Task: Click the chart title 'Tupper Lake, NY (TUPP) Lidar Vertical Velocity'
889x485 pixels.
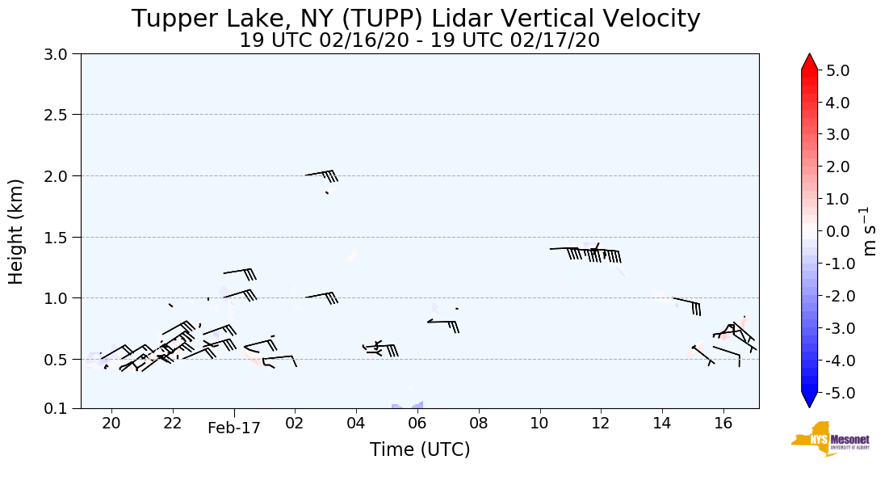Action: click(416, 19)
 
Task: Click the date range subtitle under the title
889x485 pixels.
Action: click(419, 40)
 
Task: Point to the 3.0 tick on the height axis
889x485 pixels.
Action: click(61, 54)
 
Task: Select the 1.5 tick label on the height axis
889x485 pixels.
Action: click(61, 237)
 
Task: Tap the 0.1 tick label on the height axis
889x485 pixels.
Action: click(61, 408)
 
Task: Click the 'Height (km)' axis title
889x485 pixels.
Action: click(16, 231)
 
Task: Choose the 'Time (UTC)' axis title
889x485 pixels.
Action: click(419, 449)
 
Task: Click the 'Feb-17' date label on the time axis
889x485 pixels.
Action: click(234, 428)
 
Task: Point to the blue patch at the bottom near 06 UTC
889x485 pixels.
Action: click(408, 405)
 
